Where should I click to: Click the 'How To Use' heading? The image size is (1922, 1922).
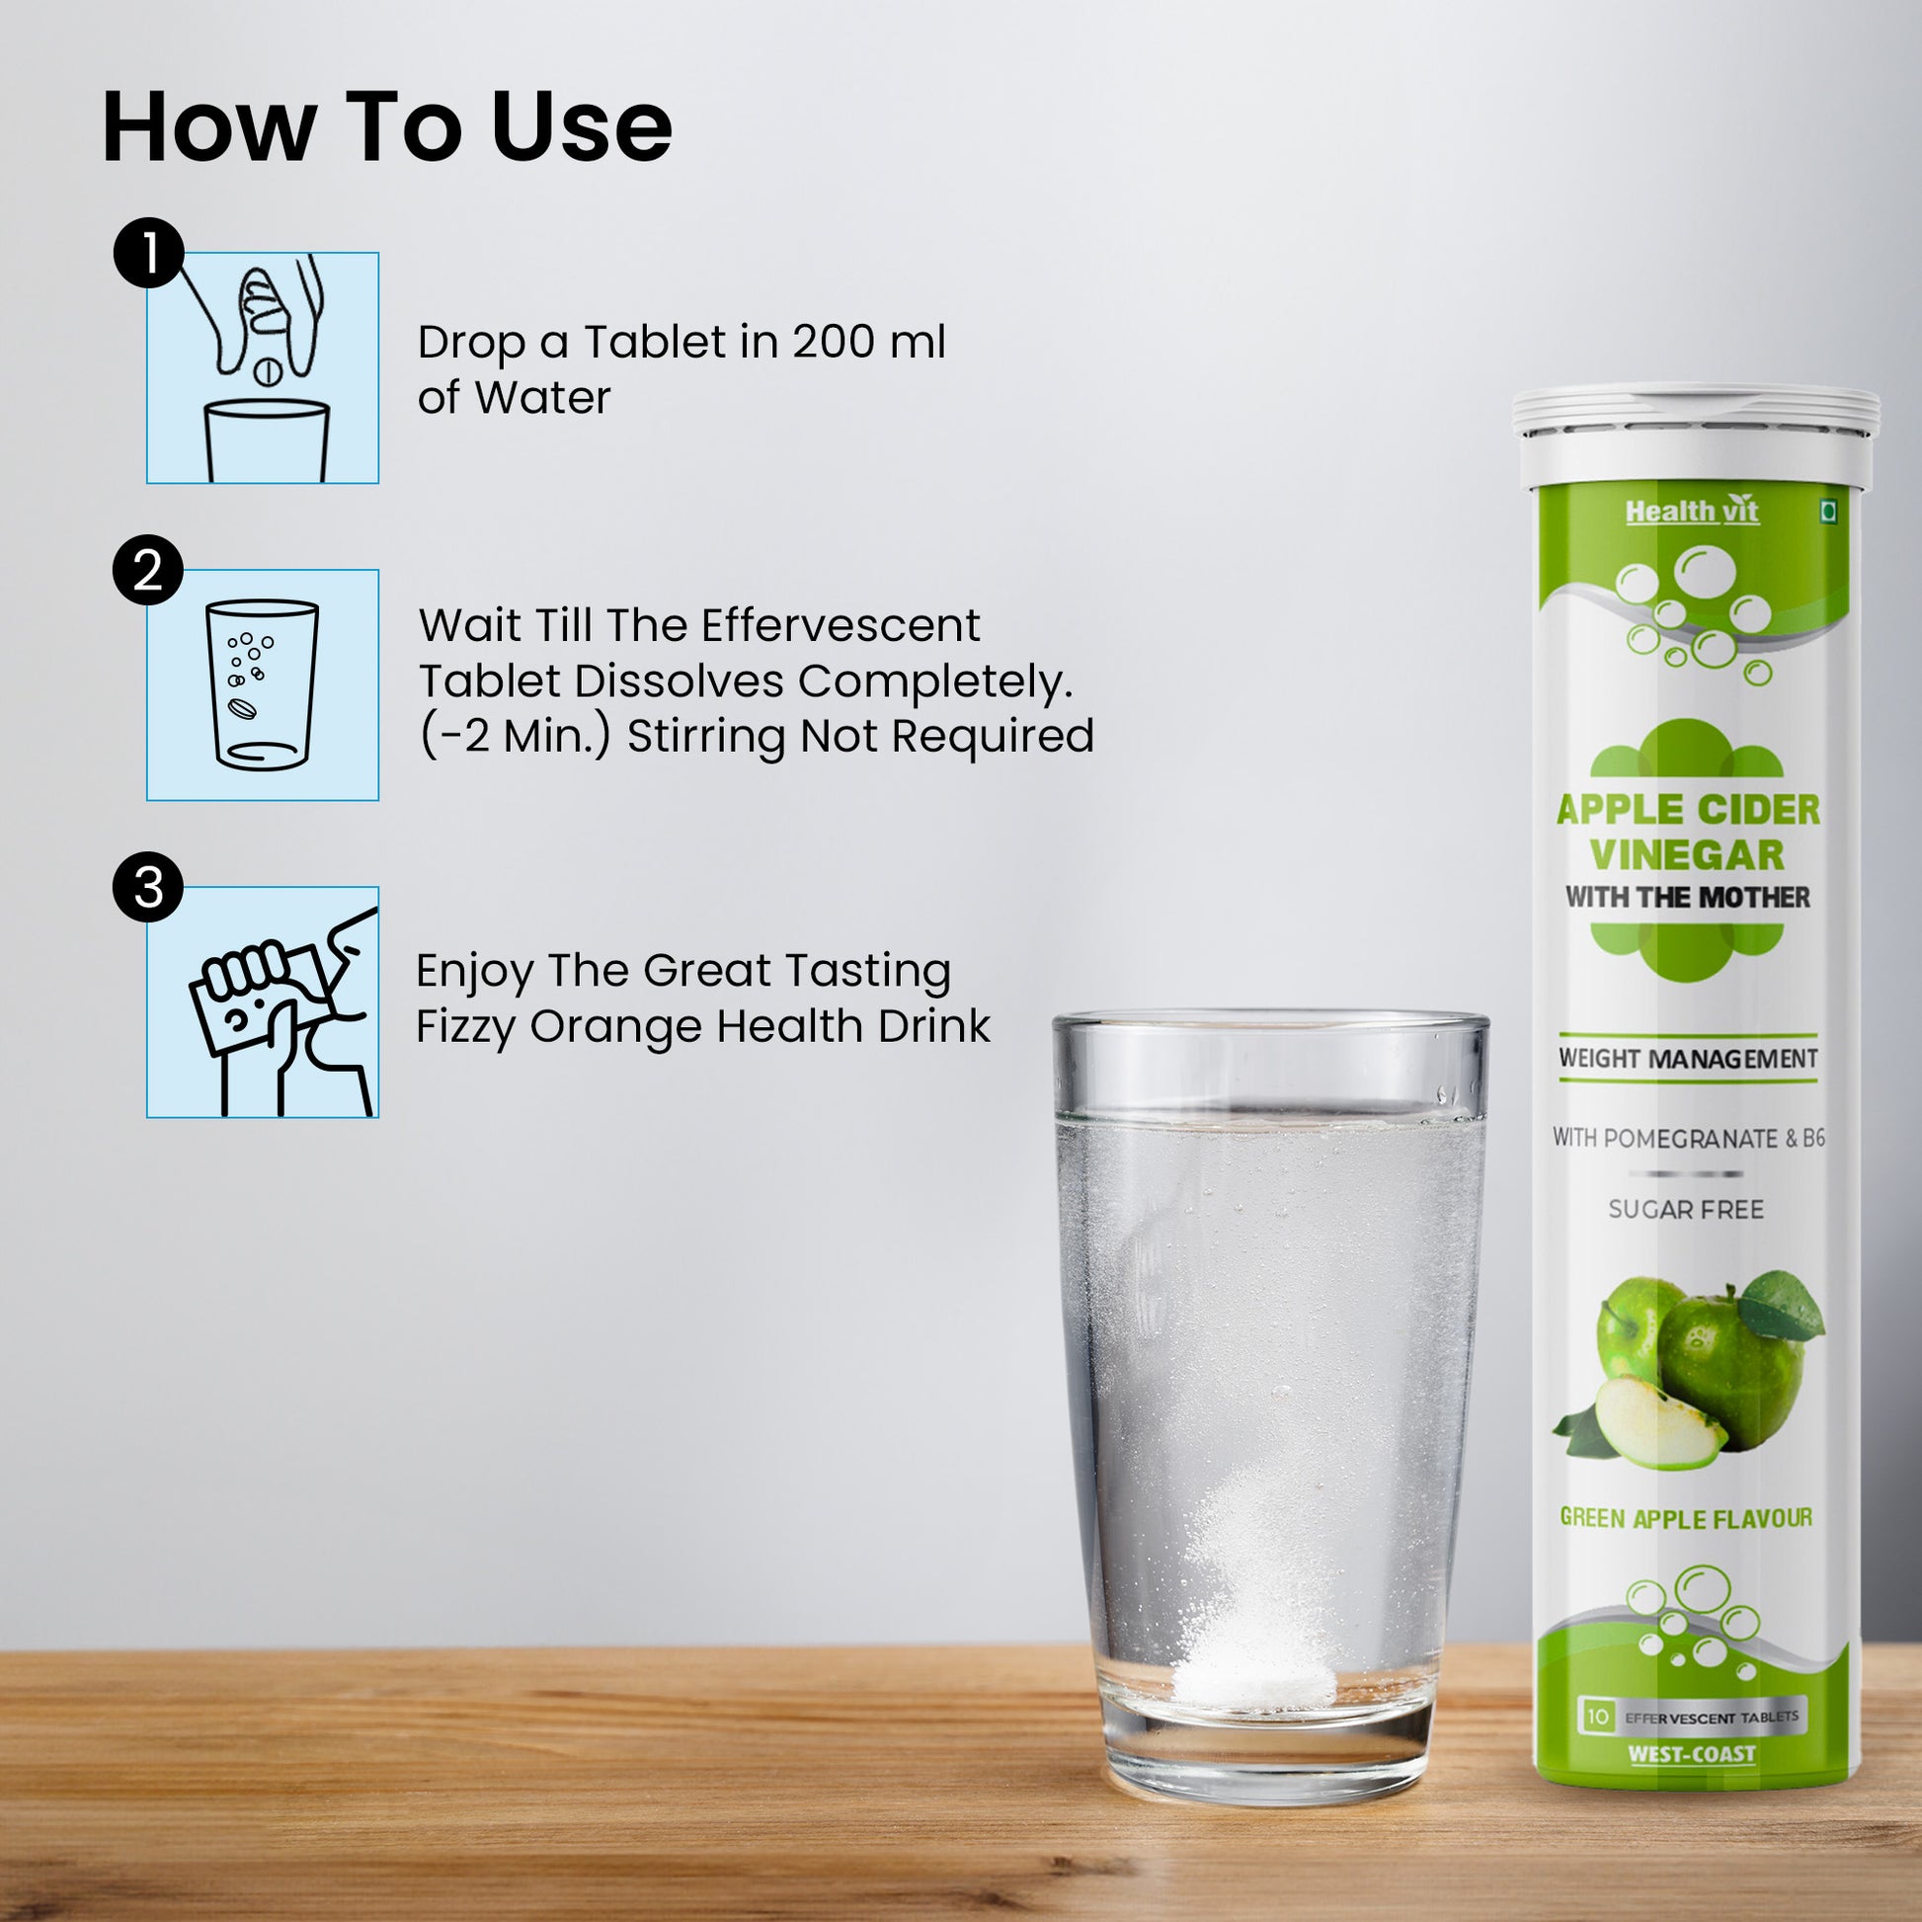pyautogui.click(x=387, y=126)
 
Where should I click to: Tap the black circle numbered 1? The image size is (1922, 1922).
pyautogui.click(x=148, y=254)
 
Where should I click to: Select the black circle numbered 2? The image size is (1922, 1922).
pyautogui.click(x=148, y=572)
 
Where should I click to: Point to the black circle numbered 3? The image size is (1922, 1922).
pyautogui.click(x=148, y=887)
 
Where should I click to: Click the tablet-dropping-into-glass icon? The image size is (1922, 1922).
pyautogui.click(x=263, y=368)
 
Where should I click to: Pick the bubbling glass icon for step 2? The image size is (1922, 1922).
pyautogui.click(x=263, y=685)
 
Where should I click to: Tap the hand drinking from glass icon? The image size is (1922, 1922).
pyautogui.click(x=263, y=1002)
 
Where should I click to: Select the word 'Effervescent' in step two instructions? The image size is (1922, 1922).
pyautogui.click(x=841, y=626)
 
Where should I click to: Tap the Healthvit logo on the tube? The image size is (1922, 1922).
pyautogui.click(x=1691, y=512)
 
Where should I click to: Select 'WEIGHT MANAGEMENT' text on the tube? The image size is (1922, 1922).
pyautogui.click(x=1688, y=1059)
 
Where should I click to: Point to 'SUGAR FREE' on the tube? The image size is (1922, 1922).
pyautogui.click(x=1686, y=1210)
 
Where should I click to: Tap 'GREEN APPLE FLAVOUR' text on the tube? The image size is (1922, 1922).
pyautogui.click(x=1686, y=1518)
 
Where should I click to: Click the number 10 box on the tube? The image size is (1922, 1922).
pyautogui.click(x=1598, y=1717)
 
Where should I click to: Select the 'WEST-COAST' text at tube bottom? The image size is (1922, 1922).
pyautogui.click(x=1692, y=1754)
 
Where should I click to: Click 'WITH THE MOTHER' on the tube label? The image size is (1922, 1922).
pyautogui.click(x=1688, y=898)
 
